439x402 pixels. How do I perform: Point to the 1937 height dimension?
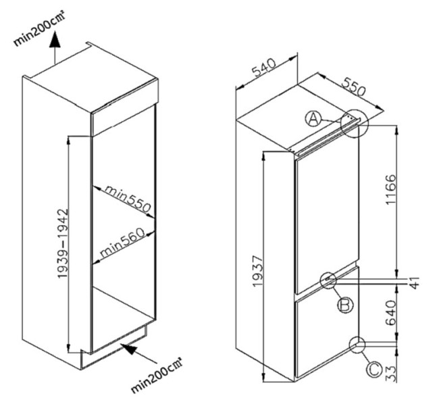click(x=256, y=270)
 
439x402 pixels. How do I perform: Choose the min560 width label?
click(x=124, y=243)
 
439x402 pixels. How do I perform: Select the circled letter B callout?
click(x=344, y=306)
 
